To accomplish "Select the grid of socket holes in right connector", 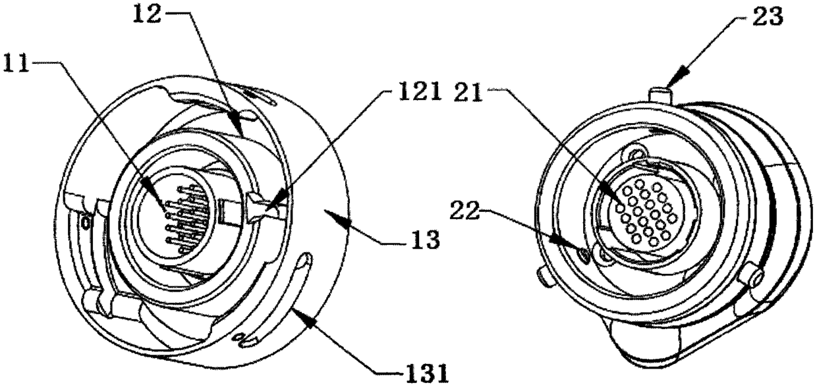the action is [642, 213].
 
